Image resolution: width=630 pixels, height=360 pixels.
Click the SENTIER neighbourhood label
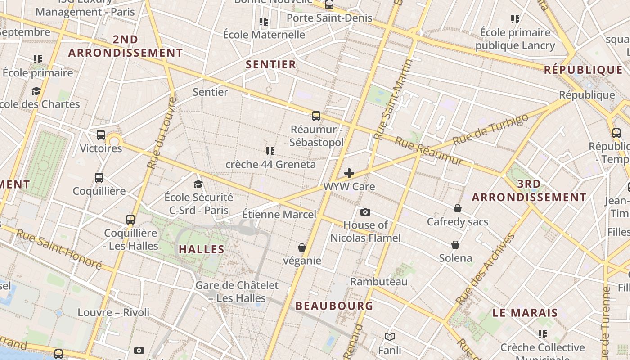point(271,64)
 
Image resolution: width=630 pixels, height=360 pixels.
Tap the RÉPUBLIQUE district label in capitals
point(583,70)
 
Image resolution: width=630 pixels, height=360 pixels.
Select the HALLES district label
point(202,249)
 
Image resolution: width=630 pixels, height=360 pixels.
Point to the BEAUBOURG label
point(334,306)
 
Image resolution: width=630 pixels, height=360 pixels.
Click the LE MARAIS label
point(525,313)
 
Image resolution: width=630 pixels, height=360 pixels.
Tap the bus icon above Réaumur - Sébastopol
point(316,116)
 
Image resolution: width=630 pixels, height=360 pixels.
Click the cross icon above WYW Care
point(349,173)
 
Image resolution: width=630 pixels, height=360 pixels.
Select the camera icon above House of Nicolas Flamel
point(365,212)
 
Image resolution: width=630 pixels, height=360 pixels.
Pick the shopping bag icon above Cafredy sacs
point(457,208)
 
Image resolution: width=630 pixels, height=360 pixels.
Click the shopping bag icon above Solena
point(455,245)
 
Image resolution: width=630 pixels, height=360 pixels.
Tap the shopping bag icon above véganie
point(302,247)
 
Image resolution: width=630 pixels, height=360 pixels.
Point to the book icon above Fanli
point(390,337)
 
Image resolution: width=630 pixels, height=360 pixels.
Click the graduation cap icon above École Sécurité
point(198,184)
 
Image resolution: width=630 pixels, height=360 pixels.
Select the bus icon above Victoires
point(101,135)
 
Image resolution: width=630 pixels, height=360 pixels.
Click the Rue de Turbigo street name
point(490,129)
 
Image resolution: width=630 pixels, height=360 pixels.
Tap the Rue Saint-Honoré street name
point(59,249)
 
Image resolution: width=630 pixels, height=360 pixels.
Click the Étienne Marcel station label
point(279,214)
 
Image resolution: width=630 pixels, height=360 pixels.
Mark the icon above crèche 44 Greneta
point(270,151)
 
